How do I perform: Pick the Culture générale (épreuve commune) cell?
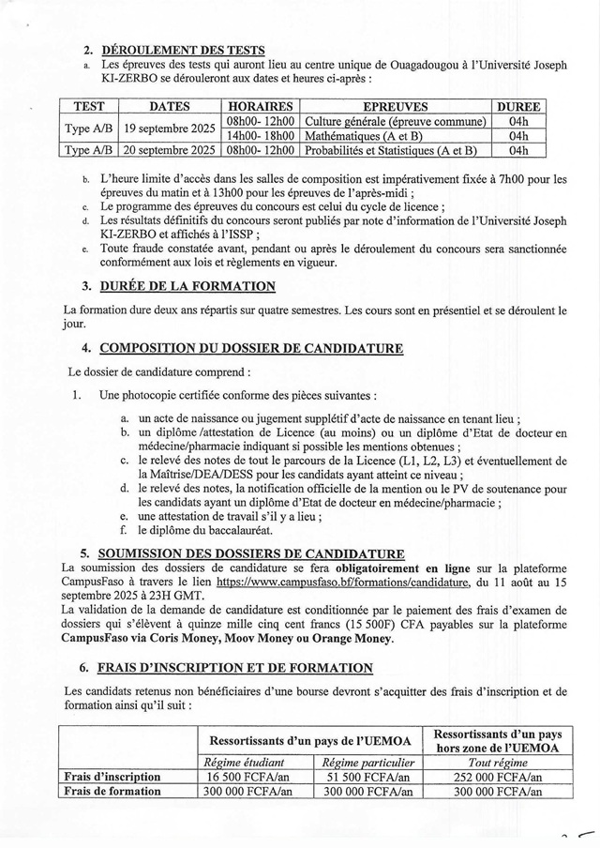pyautogui.click(x=397, y=122)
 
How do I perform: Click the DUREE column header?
pyautogui.click(x=517, y=107)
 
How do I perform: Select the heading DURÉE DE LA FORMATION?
pyautogui.click(x=187, y=286)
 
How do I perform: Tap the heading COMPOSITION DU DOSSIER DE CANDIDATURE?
pyautogui.click(x=251, y=348)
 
